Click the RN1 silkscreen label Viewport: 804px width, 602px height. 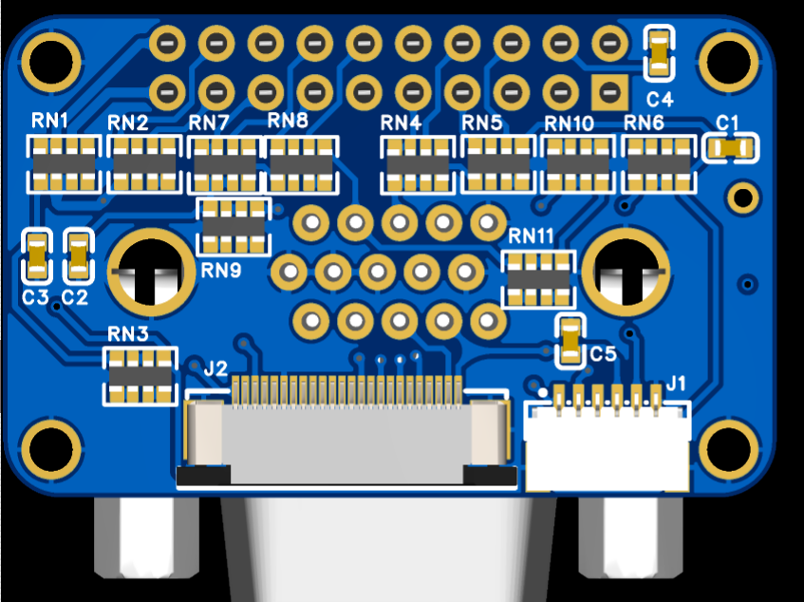coord(50,121)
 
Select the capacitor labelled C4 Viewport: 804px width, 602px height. coord(659,52)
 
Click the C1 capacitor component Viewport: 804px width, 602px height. coord(731,148)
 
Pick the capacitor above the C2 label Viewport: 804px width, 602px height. coord(79,255)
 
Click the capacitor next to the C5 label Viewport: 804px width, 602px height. coord(570,341)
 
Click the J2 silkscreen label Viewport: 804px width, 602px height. coord(215,368)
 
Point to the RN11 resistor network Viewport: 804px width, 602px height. coord(538,279)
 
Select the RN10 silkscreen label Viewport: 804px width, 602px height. coord(570,123)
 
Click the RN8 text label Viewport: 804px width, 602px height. coord(288,121)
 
